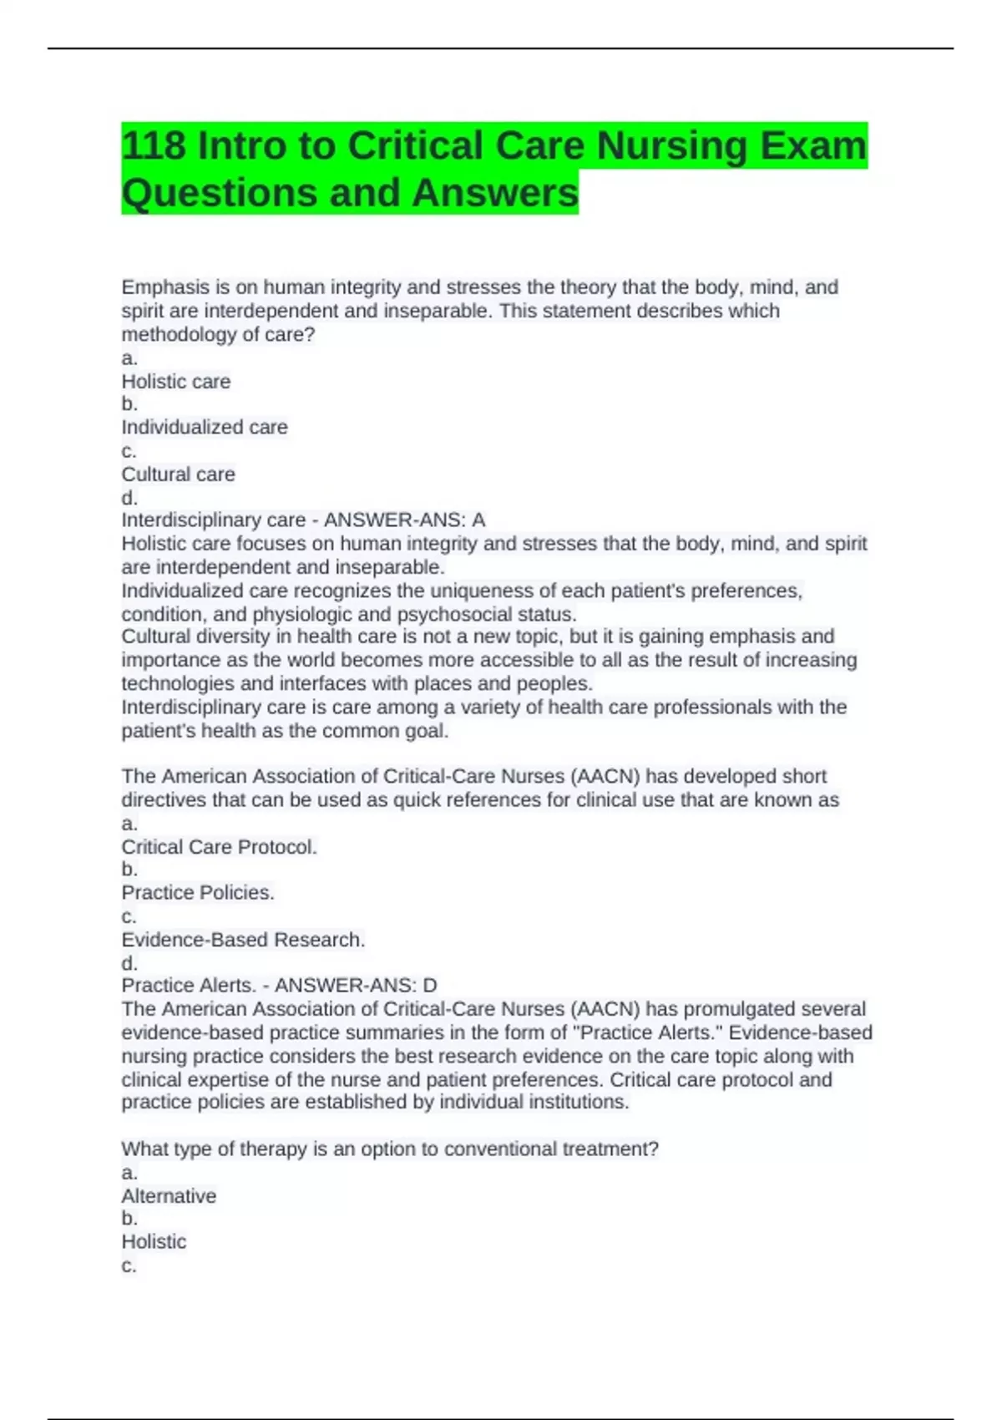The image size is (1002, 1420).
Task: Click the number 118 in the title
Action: click(154, 146)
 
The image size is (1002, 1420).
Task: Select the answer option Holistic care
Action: click(176, 382)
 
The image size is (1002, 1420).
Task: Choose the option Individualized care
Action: click(205, 427)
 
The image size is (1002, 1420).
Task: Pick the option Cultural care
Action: click(179, 474)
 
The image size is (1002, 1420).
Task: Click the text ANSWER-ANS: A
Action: click(404, 520)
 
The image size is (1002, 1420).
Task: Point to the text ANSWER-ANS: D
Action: click(356, 986)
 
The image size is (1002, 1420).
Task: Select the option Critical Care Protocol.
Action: click(219, 847)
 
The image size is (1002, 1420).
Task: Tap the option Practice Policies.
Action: click(198, 893)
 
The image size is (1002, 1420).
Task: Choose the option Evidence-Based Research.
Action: click(243, 940)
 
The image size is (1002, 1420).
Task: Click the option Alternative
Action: click(169, 1196)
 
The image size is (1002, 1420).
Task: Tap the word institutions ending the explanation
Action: click(579, 1103)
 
